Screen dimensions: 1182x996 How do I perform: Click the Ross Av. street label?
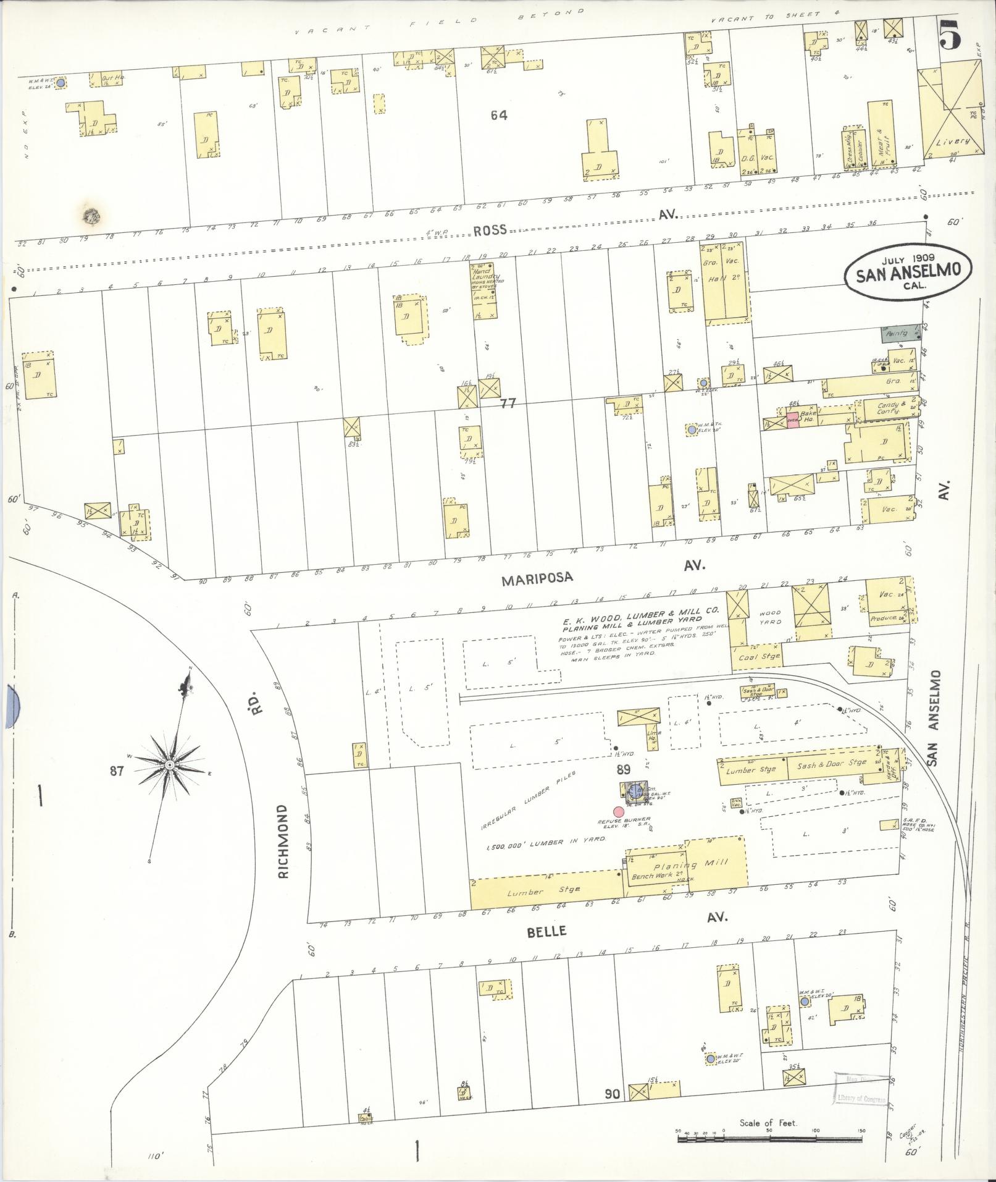tap(491, 230)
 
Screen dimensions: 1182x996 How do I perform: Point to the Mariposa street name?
tap(537, 578)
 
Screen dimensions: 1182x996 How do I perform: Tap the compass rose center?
tap(169, 765)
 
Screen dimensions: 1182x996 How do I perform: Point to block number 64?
tap(499, 115)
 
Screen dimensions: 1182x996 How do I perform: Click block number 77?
tap(508, 403)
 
